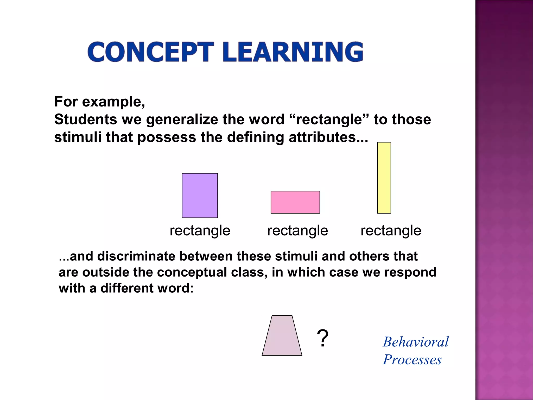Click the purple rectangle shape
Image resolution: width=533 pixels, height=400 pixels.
point(200,195)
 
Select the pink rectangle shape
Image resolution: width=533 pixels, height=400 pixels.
point(295,202)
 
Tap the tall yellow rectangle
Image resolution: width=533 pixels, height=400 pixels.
point(384,178)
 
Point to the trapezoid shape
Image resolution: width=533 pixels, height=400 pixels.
point(282,336)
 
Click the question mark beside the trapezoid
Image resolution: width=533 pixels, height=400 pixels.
point(322,338)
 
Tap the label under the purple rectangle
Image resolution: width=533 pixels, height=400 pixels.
point(200,231)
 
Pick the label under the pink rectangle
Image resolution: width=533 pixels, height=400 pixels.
point(297,231)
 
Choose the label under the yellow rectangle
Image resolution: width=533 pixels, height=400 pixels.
point(391,231)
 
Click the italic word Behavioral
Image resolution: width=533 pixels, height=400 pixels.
point(416,342)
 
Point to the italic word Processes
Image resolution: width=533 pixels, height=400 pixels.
point(412,360)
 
